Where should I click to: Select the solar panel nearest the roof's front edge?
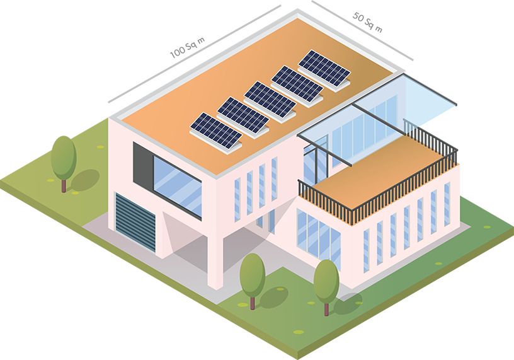coord(216,130)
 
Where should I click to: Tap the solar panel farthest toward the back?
coord(324,68)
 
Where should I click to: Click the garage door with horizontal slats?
coord(135,220)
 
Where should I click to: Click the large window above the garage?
coord(177,182)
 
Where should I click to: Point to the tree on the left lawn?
coord(64,157)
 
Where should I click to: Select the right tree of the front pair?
coord(326,279)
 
